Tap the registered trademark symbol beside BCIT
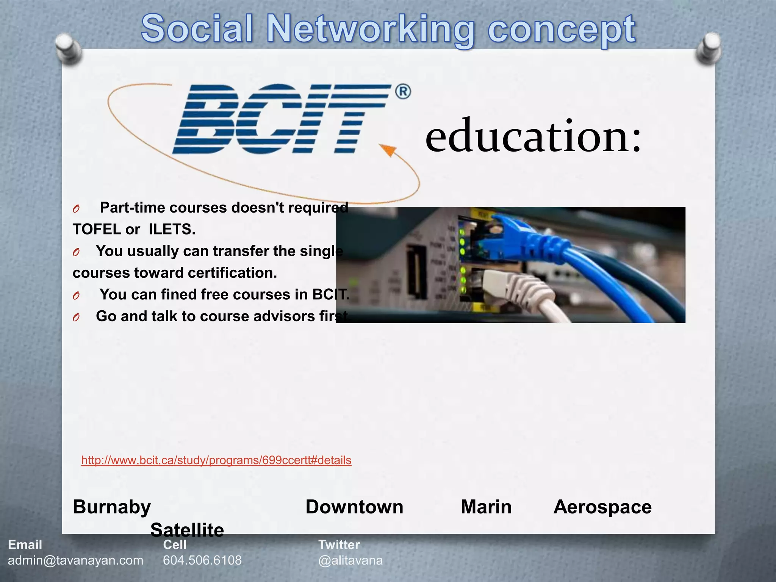click(403, 92)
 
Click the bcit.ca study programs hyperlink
click(216, 460)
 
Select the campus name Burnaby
click(112, 507)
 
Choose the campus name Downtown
click(354, 507)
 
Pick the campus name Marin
click(486, 507)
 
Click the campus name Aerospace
click(602, 507)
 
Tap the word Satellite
click(187, 530)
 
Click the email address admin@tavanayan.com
click(76, 560)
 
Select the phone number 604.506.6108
click(202, 560)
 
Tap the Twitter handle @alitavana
click(350, 560)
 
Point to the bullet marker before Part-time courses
click(76, 209)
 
